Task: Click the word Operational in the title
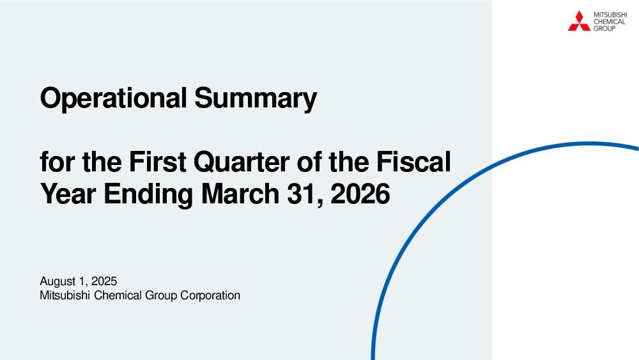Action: (x=114, y=98)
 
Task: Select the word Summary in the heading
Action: (x=256, y=98)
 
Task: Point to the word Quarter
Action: (x=242, y=162)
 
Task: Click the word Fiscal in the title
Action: (x=413, y=161)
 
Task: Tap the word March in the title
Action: (x=240, y=194)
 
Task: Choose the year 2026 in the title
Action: (x=360, y=194)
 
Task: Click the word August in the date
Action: (x=58, y=282)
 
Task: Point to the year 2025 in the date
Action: (x=104, y=281)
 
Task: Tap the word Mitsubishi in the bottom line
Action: (x=65, y=295)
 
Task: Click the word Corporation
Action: (x=210, y=295)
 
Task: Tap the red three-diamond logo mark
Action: (x=579, y=21)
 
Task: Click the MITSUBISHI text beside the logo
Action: (x=610, y=15)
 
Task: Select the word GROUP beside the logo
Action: (x=604, y=28)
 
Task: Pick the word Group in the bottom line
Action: (x=161, y=295)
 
